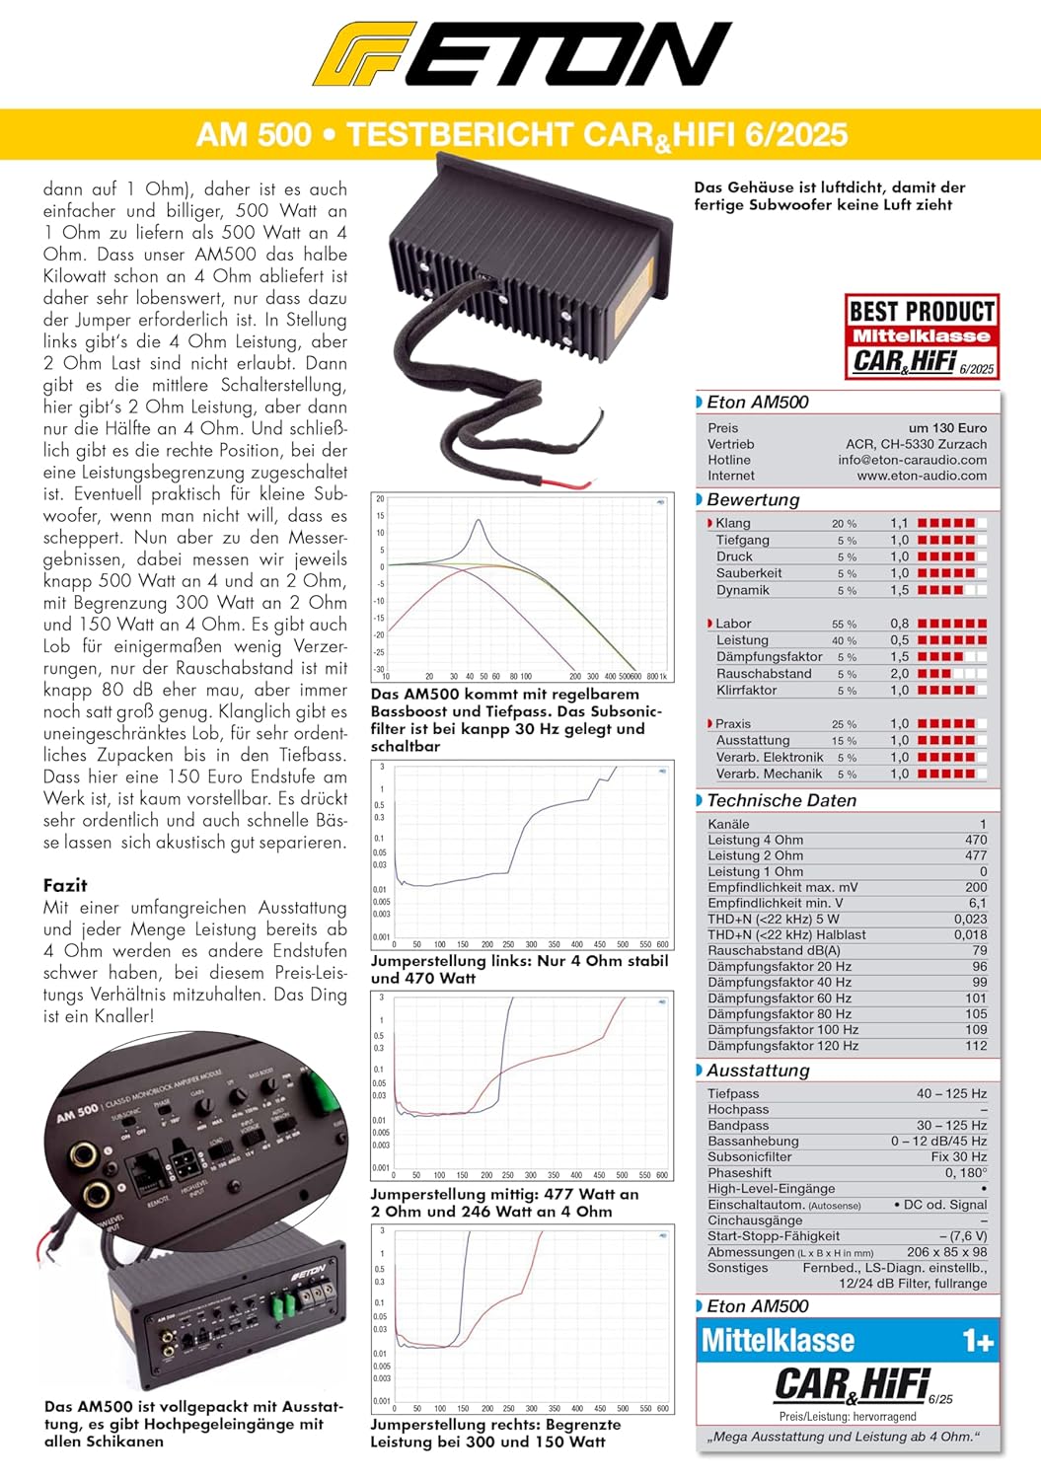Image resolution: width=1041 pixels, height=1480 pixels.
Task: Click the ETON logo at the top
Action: pos(521,54)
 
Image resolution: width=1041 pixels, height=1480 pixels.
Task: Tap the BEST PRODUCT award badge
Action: pos(922,336)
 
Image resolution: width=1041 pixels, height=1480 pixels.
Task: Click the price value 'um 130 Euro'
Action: pos(947,428)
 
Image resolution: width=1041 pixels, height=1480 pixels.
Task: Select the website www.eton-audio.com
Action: pos(922,476)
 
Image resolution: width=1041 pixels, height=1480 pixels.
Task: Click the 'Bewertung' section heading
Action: pos(753,500)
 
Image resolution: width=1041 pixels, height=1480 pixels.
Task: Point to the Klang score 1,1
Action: pos(899,524)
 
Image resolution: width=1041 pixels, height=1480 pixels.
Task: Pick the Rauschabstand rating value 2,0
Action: pos(899,674)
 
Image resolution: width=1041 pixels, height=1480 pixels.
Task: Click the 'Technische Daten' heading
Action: pos(781,801)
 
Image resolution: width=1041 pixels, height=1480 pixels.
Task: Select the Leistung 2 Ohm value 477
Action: pos(976,856)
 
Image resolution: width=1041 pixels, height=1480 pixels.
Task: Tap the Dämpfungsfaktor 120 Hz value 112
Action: pos(976,1046)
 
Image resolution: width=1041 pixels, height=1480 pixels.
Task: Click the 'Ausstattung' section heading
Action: pos(758,1071)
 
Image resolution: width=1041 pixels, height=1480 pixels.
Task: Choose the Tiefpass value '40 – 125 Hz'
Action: pos(951,1094)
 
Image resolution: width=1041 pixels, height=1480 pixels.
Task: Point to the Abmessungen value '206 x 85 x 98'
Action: pos(946,1252)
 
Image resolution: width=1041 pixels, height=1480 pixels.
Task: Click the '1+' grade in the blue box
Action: pos(978,1342)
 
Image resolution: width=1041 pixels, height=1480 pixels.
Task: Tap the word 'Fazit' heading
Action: pos(65,885)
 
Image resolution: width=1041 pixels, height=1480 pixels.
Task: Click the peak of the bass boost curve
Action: pos(479,521)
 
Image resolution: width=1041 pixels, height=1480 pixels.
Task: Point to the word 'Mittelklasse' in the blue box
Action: pos(778,1342)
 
